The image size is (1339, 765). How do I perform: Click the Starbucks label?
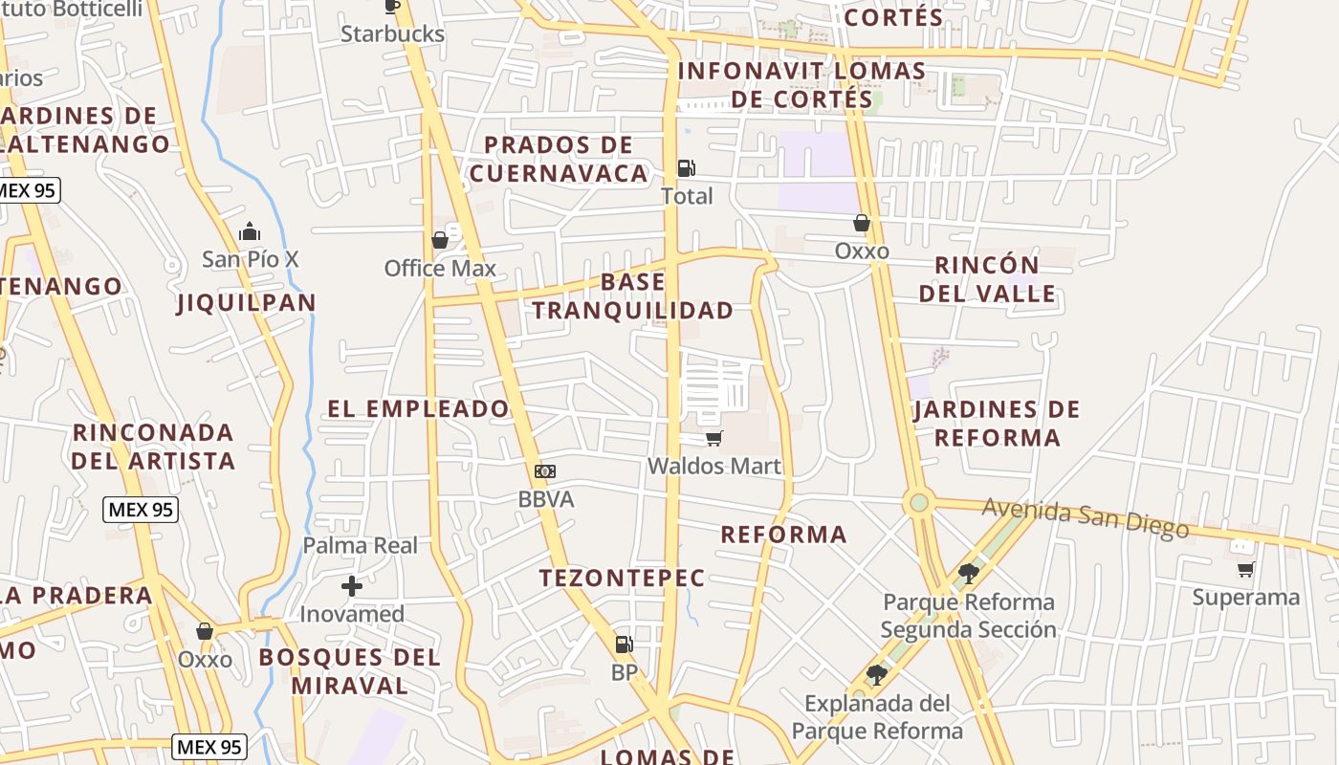(392, 33)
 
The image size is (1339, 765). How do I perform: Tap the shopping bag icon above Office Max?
(440, 239)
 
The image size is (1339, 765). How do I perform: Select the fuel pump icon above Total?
(686, 168)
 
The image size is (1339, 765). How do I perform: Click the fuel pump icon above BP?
(624, 645)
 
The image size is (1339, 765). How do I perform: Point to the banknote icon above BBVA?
(545, 470)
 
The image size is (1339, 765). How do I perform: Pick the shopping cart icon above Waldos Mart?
(713, 438)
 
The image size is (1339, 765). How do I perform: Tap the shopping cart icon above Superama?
(1245, 569)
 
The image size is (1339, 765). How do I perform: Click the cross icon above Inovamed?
(352, 585)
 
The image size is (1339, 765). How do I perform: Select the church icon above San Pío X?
(250, 231)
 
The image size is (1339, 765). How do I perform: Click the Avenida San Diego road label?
(1086, 517)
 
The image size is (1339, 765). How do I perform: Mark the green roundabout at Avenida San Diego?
(919, 501)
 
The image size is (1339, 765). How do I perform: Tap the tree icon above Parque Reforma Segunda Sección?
(968, 574)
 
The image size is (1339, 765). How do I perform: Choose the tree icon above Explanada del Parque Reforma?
(876, 675)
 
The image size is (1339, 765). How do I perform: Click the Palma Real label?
(361, 545)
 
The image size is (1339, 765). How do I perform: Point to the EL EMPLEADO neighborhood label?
(418, 409)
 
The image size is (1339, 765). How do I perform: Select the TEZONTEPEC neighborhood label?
(622, 578)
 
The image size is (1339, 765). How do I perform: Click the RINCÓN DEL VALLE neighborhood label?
(988, 279)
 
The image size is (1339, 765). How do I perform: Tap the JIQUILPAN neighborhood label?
(246, 303)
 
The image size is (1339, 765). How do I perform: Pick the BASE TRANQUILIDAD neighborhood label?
(633, 295)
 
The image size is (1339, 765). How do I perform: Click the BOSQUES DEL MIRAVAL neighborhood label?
(349, 671)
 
